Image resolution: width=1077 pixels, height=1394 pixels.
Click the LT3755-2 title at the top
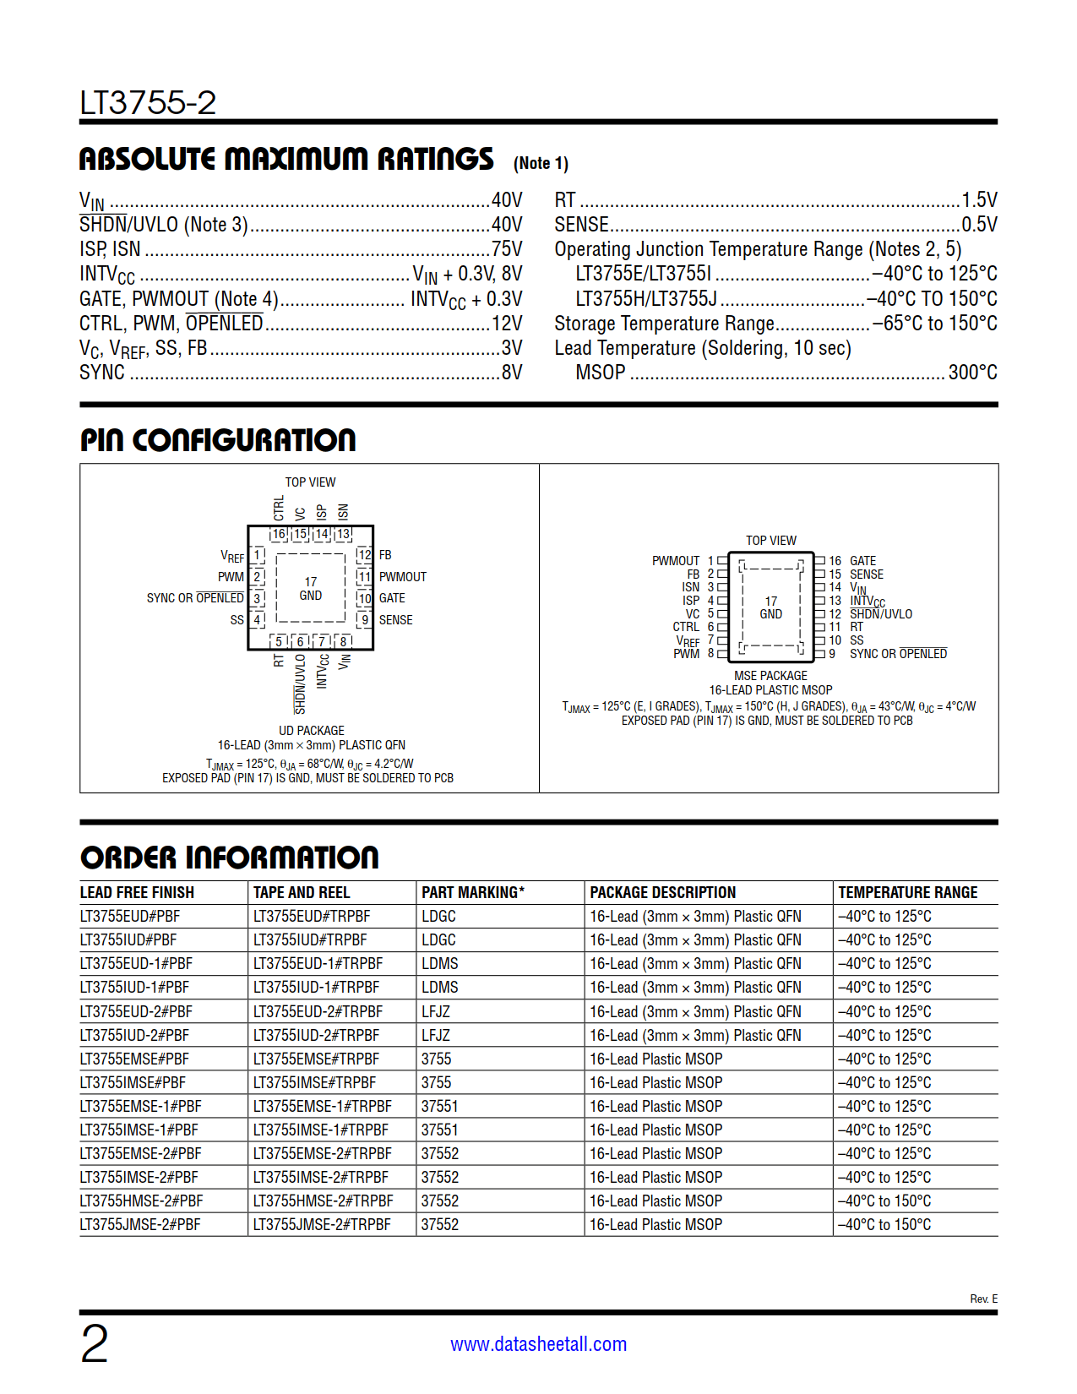[x=148, y=103]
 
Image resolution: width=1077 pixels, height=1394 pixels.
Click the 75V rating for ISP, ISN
[x=507, y=249]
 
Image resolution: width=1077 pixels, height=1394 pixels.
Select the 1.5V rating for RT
[x=979, y=200]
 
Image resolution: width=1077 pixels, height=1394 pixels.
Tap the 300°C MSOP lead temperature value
[x=972, y=373]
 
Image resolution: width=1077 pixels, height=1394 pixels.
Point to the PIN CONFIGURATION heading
[x=218, y=440]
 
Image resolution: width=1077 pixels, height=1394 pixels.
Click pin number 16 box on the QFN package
[x=279, y=535]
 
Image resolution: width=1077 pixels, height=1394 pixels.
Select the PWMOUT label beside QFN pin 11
[x=403, y=577]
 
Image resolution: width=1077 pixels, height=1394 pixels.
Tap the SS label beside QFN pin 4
[x=237, y=620]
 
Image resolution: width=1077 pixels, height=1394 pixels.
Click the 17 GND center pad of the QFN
[x=311, y=589]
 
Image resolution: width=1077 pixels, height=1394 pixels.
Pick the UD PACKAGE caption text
[x=312, y=731]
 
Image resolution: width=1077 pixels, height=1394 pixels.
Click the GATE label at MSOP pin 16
[x=862, y=561]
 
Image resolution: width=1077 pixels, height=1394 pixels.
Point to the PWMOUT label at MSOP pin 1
[x=676, y=561]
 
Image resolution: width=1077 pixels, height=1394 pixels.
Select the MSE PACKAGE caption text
[x=770, y=676]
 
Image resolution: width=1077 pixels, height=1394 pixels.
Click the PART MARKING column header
[x=473, y=893]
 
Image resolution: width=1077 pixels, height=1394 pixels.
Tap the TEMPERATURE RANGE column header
[x=907, y=893]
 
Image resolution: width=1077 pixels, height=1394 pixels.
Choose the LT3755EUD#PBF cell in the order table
[x=130, y=917]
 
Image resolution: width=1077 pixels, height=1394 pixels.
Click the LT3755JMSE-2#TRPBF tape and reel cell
[x=323, y=1225]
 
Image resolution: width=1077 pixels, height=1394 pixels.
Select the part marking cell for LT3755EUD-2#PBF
[x=436, y=1012]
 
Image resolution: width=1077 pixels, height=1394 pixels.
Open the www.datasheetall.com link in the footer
[x=539, y=1344]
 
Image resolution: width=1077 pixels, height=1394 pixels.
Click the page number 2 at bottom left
[x=95, y=1344]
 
